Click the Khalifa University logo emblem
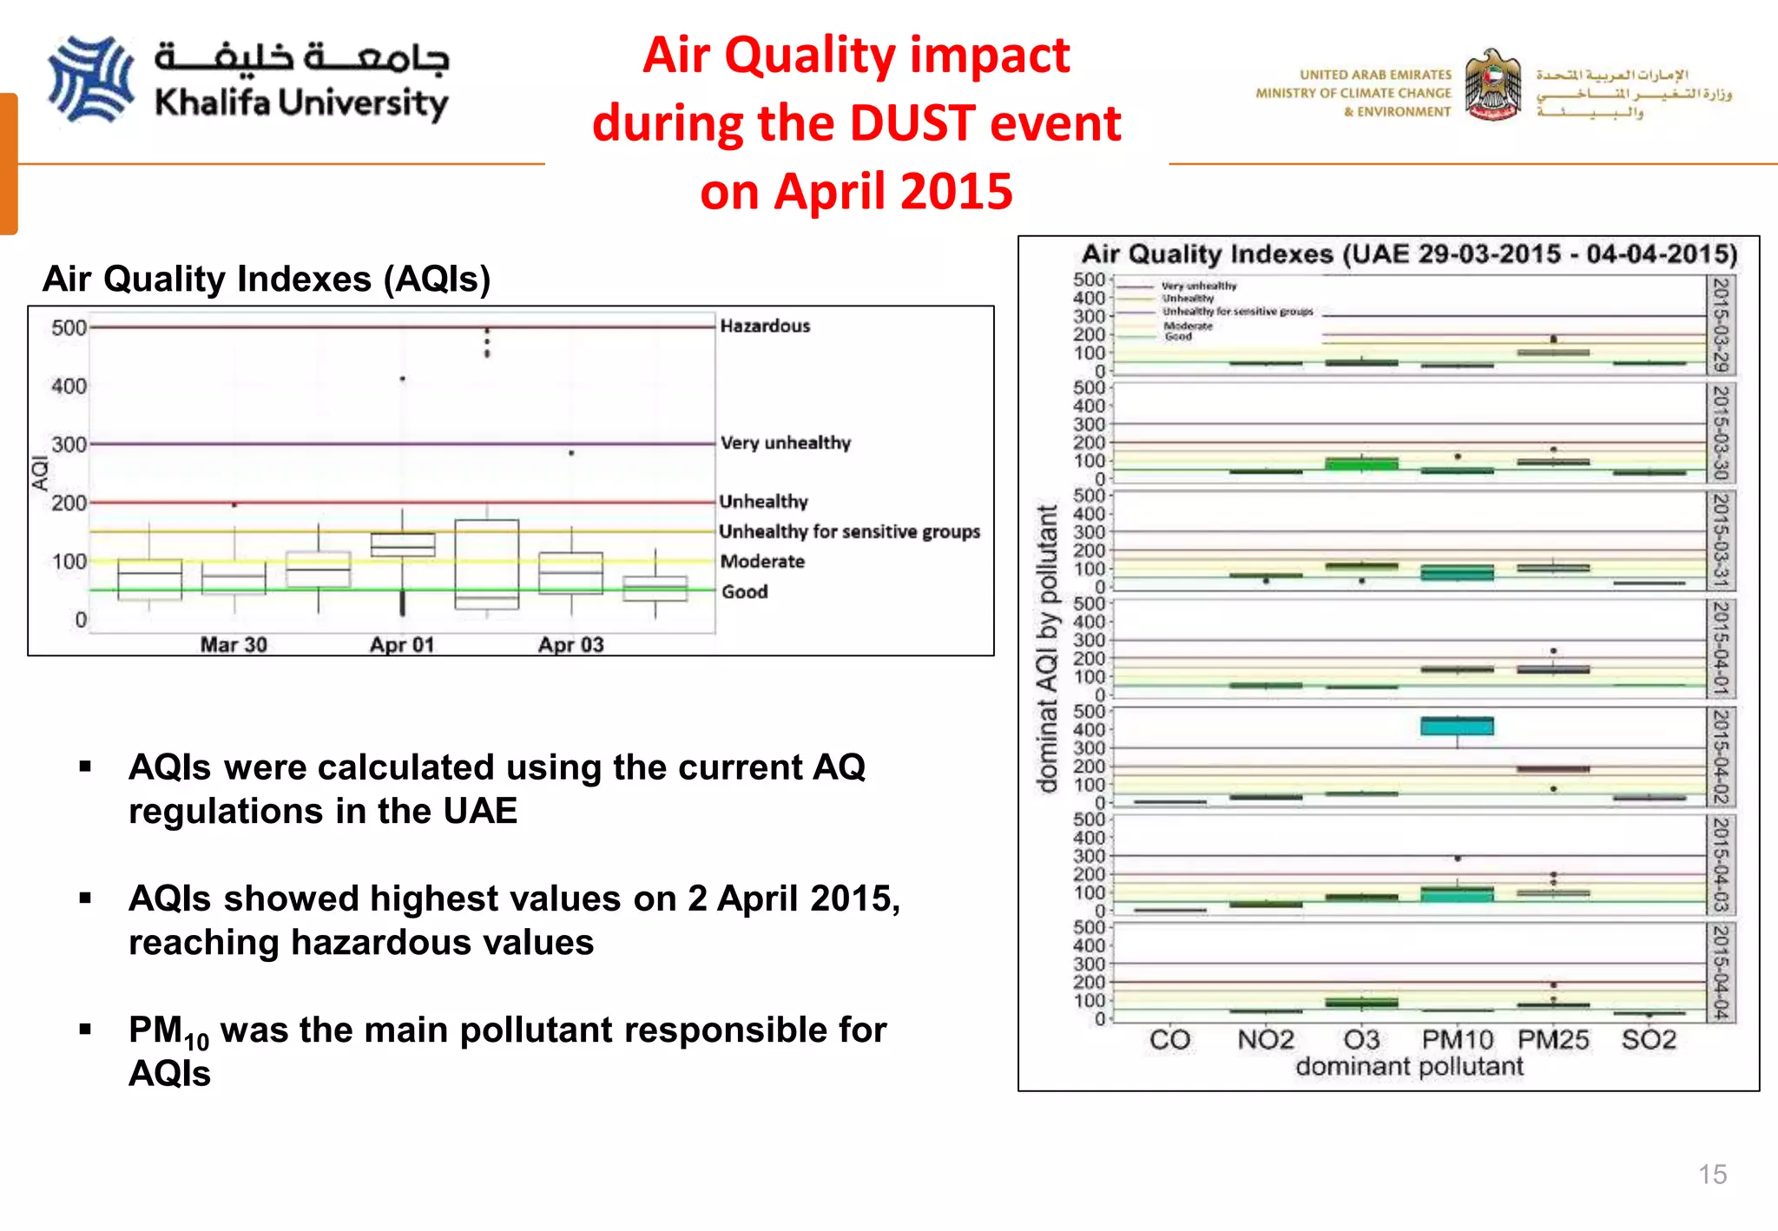pos(90,79)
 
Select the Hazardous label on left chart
pos(765,326)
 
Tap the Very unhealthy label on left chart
pos(785,443)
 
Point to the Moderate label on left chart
pos(762,562)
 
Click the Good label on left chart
pos(744,592)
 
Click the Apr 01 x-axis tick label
pos(401,645)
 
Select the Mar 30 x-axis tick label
pos(234,645)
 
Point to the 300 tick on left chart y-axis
pos(69,445)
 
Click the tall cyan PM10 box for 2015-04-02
pos(1457,726)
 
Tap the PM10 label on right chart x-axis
pos(1457,1039)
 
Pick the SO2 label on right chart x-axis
pos(1649,1039)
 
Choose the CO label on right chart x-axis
pos(1169,1039)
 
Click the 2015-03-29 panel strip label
pos(1720,325)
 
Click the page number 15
pos(1712,1175)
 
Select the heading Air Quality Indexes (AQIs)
pos(267,280)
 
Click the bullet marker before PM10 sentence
pos(85,1030)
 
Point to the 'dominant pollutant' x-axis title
pos(1409,1066)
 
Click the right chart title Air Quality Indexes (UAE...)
pos(1409,254)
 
